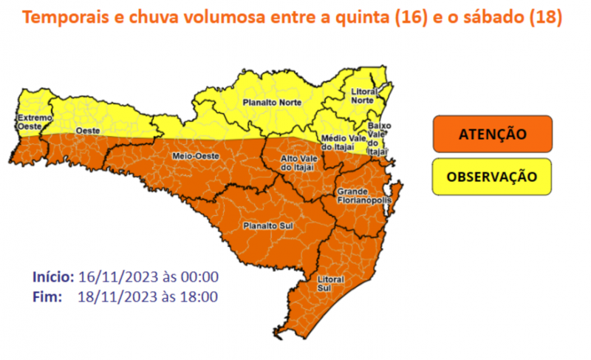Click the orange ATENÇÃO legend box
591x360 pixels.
(x=493, y=135)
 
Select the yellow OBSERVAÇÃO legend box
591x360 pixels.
(x=493, y=177)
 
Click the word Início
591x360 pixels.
(x=52, y=277)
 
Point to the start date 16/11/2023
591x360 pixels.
(x=115, y=277)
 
